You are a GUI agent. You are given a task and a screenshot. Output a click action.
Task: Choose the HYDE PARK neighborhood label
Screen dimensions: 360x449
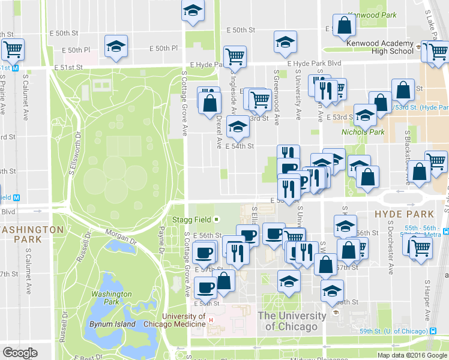click(x=403, y=214)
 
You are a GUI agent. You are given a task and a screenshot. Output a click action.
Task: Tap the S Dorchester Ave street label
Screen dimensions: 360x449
click(x=390, y=252)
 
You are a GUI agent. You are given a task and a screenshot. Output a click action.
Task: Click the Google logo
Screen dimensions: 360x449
click(x=19, y=353)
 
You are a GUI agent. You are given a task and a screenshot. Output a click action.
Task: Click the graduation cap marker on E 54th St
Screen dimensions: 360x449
click(x=238, y=127)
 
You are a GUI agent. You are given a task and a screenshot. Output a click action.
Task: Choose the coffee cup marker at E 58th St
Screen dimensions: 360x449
click(x=206, y=289)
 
